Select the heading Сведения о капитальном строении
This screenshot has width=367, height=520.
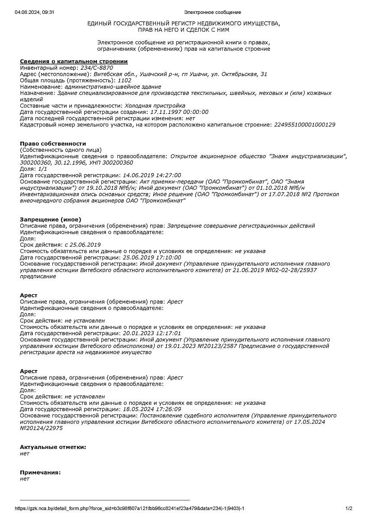[74, 62]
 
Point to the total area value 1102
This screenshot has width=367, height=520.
[124, 80]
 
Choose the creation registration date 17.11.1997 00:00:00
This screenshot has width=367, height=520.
[179, 112]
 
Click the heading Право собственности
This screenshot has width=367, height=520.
[53, 143]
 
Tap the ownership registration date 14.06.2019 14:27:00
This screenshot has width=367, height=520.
[152, 175]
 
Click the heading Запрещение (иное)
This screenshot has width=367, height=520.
[51, 219]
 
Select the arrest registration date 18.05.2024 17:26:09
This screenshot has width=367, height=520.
[152, 409]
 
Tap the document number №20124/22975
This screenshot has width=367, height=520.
[42, 428]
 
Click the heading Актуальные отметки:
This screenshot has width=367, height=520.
[53, 447]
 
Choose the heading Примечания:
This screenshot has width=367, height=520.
[40, 472]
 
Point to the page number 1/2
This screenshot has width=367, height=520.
[349, 508]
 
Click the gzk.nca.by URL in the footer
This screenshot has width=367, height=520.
[130, 508]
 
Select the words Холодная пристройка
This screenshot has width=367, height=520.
[155, 105]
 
